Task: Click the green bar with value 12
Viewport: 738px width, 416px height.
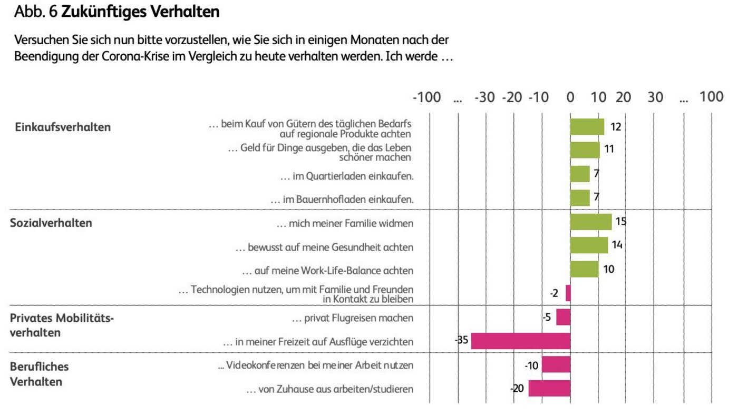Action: click(x=587, y=127)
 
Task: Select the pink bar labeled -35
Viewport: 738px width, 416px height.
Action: click(x=520, y=341)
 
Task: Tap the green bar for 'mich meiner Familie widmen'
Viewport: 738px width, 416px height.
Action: click(x=590, y=222)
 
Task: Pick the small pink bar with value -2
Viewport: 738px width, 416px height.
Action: click(x=568, y=293)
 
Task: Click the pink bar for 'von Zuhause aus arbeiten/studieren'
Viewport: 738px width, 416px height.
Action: click(x=549, y=389)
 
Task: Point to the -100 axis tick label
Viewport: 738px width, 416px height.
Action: click(x=426, y=97)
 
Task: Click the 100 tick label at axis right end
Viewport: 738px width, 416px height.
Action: click(x=711, y=97)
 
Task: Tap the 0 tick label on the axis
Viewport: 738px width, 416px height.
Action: click(x=570, y=97)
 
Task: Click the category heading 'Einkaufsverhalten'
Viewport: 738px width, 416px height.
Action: click(x=63, y=127)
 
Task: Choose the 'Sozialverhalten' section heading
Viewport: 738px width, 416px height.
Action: click(x=51, y=223)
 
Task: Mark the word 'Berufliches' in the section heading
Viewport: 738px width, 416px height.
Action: click(x=39, y=366)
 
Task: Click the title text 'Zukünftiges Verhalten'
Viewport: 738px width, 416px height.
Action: click(x=140, y=12)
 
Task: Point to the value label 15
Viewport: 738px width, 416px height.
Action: click(x=620, y=221)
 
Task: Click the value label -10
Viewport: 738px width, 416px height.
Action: click(x=532, y=365)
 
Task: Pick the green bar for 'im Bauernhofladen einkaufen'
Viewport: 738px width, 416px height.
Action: click(x=580, y=198)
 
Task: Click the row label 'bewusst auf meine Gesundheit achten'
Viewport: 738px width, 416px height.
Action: click(x=324, y=247)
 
